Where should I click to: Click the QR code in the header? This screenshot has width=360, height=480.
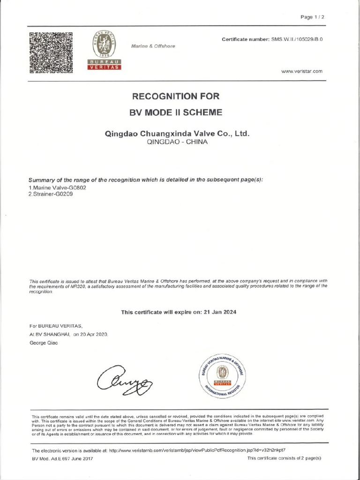click(x=52, y=52)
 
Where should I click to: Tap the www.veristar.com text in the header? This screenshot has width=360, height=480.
click(x=302, y=71)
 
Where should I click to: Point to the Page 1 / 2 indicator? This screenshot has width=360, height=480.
click(x=313, y=17)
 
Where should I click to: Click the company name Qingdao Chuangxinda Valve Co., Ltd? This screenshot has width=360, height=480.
click(x=176, y=134)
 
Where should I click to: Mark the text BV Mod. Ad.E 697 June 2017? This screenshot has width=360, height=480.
click(x=62, y=458)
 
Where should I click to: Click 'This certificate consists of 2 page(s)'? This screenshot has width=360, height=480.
click(x=284, y=458)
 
